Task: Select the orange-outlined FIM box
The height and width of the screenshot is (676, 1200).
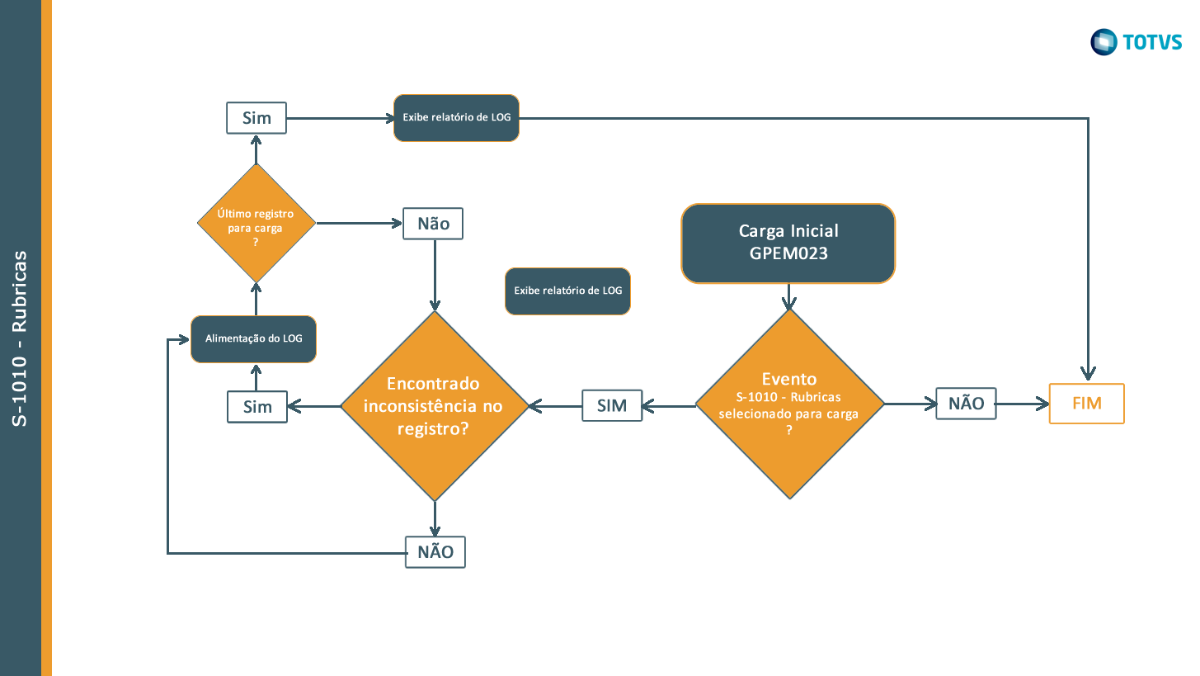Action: (1086, 404)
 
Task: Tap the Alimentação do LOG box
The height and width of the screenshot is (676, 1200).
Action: (253, 338)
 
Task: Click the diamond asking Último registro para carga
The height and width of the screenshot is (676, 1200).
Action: (256, 223)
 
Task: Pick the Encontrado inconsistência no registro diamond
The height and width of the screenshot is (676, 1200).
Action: (434, 405)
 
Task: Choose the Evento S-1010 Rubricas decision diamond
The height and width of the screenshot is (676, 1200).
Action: (789, 404)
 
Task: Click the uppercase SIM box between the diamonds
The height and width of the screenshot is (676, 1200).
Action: (611, 405)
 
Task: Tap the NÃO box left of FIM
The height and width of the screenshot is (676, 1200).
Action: (966, 404)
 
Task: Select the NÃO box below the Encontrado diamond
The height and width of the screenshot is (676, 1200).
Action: (435, 552)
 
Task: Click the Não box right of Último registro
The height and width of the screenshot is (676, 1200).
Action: (433, 224)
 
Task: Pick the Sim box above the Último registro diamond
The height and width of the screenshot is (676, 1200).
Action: (256, 118)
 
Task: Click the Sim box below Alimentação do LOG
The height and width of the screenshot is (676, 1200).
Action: (256, 407)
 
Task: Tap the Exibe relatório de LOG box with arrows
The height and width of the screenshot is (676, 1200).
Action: (456, 118)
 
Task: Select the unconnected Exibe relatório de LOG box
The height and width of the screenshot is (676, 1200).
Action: (567, 291)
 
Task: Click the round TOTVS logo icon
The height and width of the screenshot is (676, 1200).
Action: (1104, 42)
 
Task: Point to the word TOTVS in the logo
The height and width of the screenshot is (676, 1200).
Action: (1151, 42)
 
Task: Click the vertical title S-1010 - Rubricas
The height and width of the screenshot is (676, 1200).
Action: (20, 338)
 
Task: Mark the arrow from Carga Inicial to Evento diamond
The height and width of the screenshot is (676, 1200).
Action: (789, 297)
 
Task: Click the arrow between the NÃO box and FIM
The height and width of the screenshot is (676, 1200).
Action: (1022, 404)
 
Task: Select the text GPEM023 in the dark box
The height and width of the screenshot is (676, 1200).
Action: (788, 254)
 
